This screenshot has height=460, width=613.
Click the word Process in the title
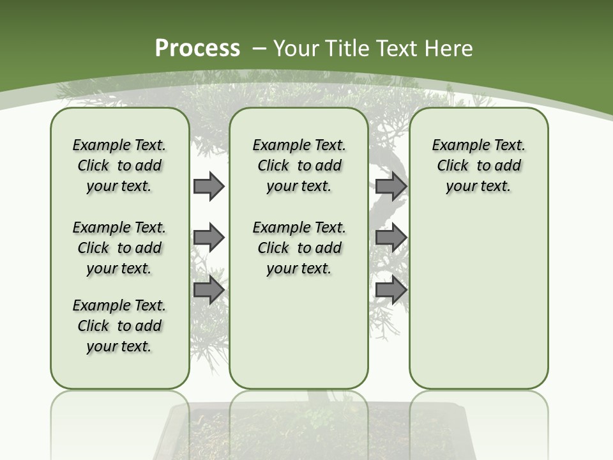point(197,49)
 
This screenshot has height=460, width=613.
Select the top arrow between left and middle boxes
point(209,186)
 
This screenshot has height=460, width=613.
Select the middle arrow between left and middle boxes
point(209,238)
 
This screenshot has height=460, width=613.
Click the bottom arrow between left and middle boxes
point(209,289)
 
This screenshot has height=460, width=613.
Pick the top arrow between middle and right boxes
point(391,186)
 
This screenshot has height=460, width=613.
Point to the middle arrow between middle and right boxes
point(391,238)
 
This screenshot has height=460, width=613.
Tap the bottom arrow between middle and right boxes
point(391,289)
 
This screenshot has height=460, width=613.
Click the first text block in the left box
point(119,165)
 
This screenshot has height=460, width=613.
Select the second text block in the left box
point(119,248)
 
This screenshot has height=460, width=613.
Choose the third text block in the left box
point(119,326)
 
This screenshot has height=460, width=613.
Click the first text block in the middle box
point(299,165)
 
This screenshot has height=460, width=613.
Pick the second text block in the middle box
point(299,248)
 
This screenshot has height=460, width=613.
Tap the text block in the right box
point(478,165)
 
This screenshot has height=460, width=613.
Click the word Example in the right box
point(455,146)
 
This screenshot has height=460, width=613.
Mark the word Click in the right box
point(453,166)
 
